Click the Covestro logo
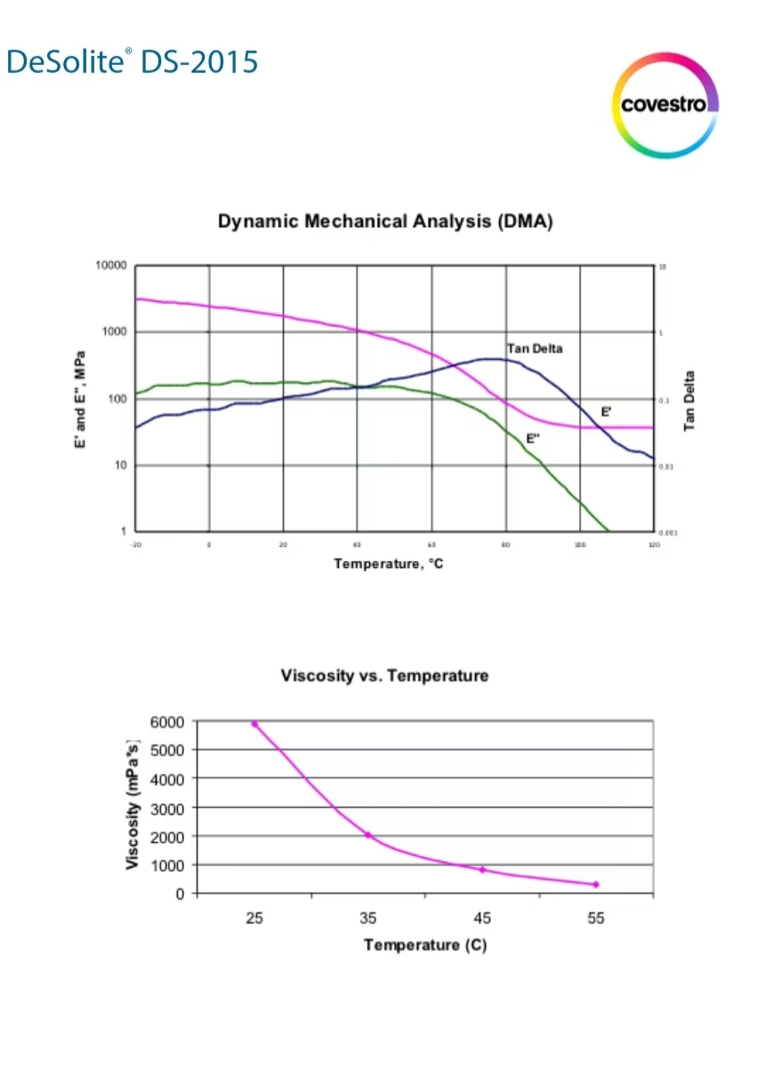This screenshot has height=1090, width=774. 665,105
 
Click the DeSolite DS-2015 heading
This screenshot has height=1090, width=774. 132,61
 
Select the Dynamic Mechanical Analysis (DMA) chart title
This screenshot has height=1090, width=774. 385,222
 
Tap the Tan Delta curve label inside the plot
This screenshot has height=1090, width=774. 535,348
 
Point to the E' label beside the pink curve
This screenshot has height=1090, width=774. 606,412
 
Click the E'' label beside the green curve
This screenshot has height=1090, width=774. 533,439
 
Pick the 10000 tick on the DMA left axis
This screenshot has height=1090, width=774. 111,266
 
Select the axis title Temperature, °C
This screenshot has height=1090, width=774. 388,564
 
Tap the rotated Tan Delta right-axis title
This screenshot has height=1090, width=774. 689,401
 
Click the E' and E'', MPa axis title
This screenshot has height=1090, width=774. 81,398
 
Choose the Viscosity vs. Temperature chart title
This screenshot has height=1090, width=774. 384,675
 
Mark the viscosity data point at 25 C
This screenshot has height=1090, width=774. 254,724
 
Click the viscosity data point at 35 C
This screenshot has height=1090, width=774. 367,834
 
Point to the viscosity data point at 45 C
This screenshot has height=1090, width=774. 482,869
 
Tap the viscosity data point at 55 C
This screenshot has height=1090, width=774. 596,884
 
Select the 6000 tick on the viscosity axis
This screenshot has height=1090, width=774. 167,721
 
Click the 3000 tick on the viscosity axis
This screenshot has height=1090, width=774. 167,808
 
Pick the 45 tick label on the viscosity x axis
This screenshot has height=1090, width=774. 482,919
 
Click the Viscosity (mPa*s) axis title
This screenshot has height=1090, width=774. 133,804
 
